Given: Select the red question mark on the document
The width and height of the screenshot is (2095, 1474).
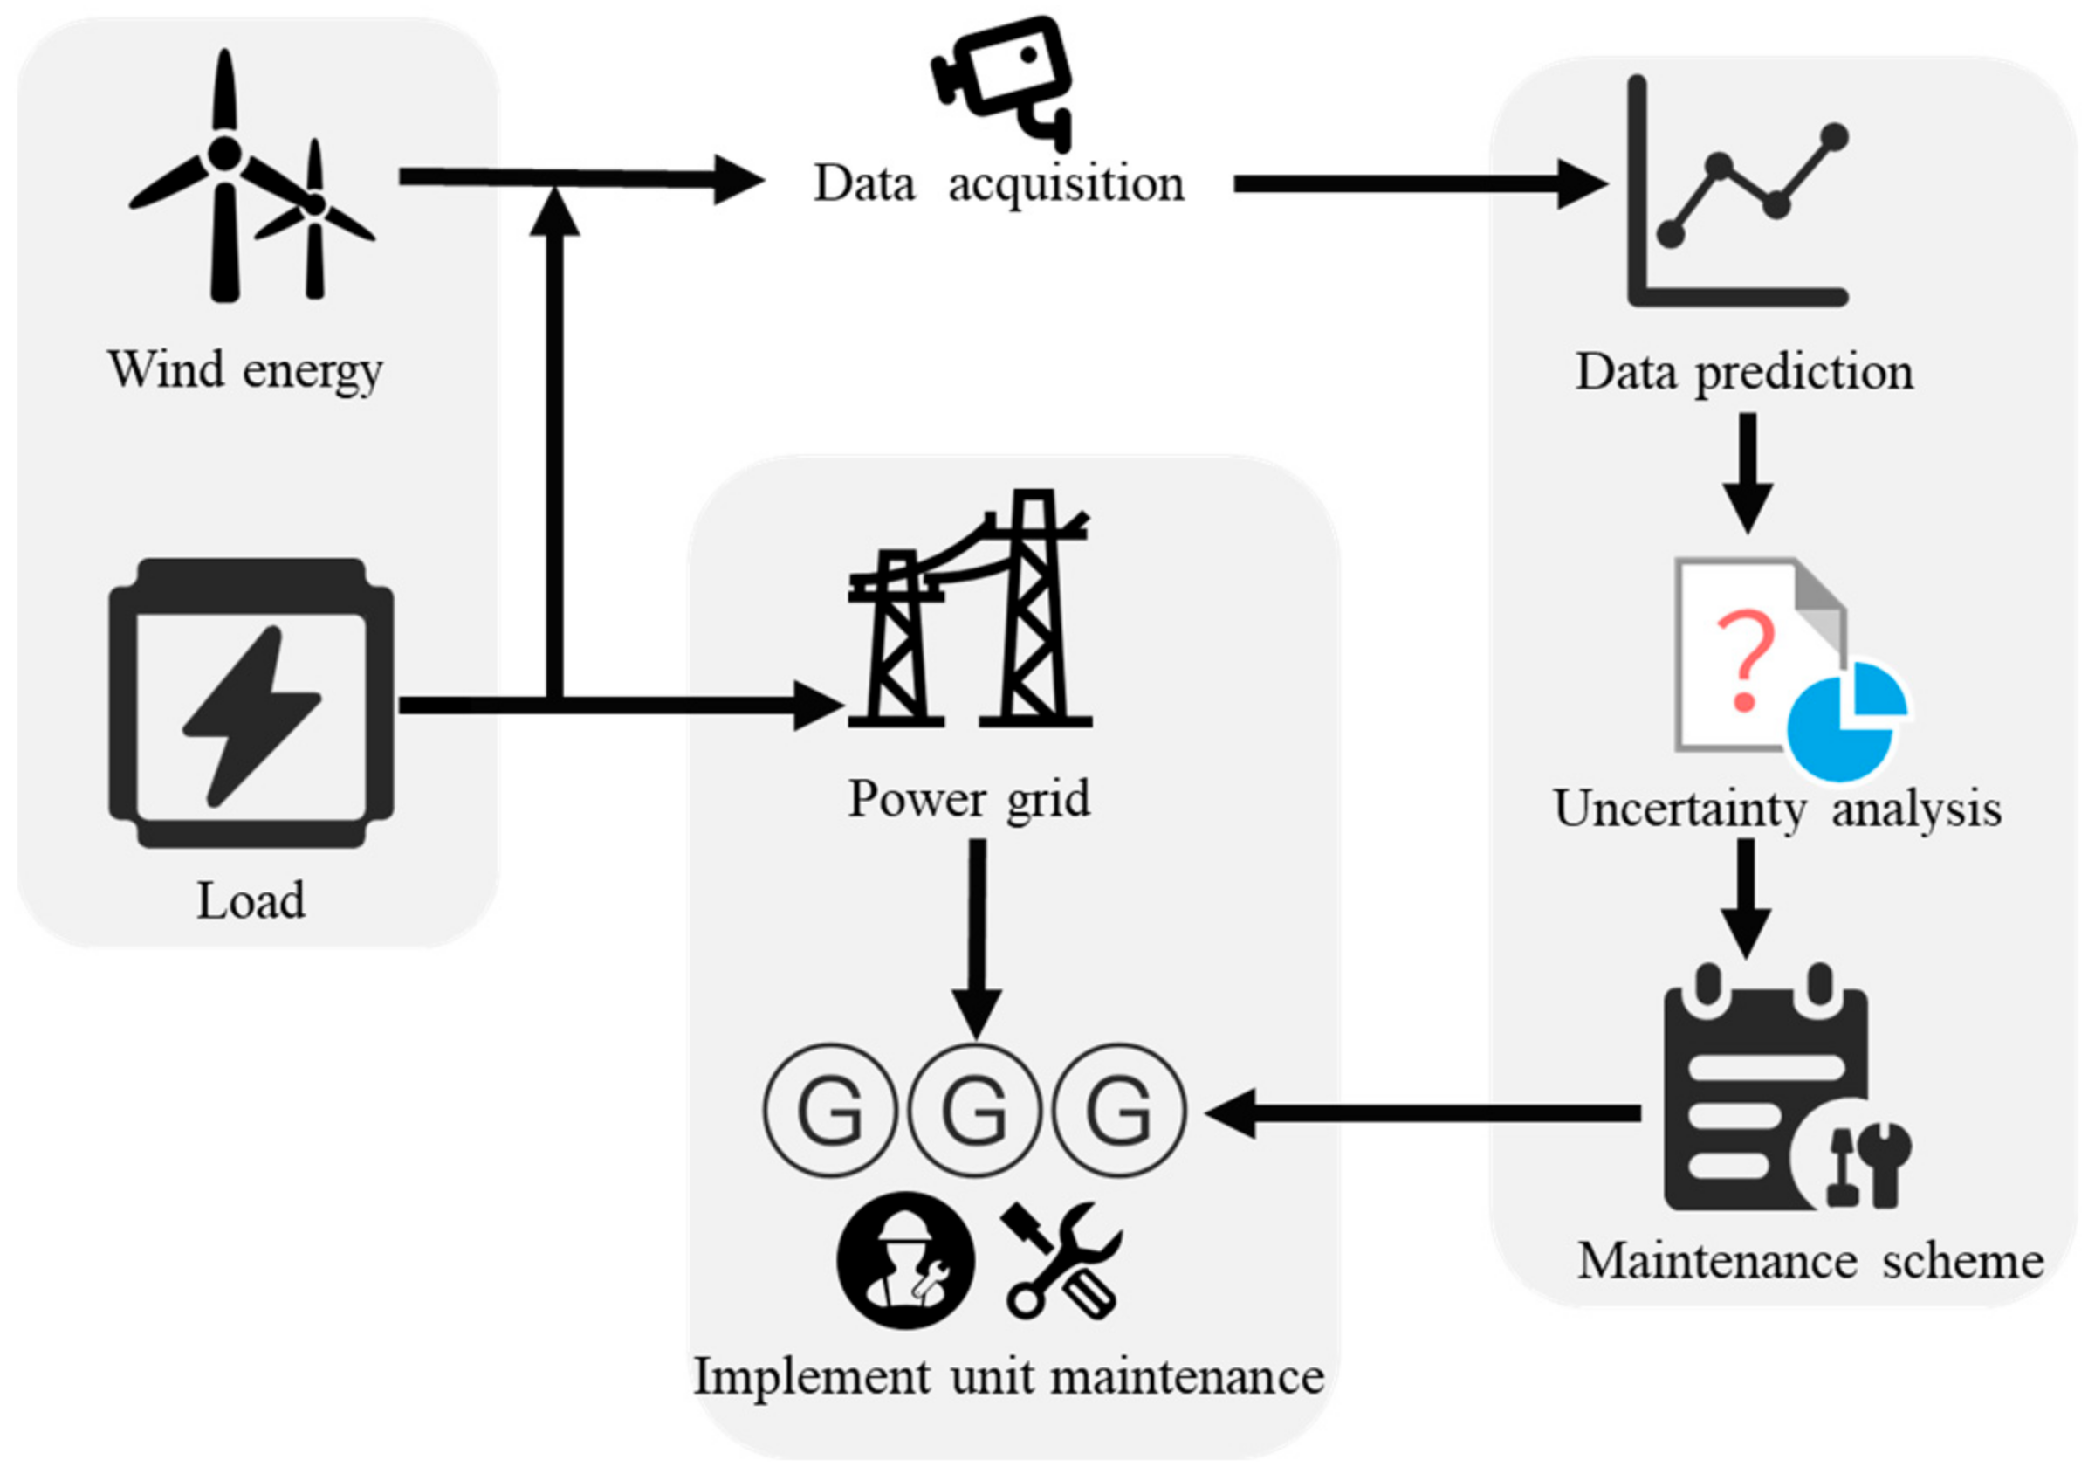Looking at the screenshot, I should (x=1745, y=660).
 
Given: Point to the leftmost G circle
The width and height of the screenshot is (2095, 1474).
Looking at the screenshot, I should (x=829, y=1110).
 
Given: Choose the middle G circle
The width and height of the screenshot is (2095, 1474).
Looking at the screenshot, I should (x=974, y=1110).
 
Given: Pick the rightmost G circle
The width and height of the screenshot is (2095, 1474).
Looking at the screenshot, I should (x=1119, y=1110).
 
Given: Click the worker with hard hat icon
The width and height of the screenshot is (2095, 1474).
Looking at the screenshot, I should (x=904, y=1260).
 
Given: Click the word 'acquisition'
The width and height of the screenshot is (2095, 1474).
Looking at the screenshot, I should (x=1066, y=184).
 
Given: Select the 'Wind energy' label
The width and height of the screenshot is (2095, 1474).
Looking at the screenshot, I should (x=244, y=370).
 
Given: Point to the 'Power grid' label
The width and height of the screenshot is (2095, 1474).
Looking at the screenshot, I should (x=968, y=799).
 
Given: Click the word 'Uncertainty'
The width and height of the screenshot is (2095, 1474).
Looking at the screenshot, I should (x=1679, y=809).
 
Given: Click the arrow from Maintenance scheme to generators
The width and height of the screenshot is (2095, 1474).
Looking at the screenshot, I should (x=1424, y=1112).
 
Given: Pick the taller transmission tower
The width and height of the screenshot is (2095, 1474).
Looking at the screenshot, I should (x=1034, y=611).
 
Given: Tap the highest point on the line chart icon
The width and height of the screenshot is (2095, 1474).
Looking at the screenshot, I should (x=1833, y=137).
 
